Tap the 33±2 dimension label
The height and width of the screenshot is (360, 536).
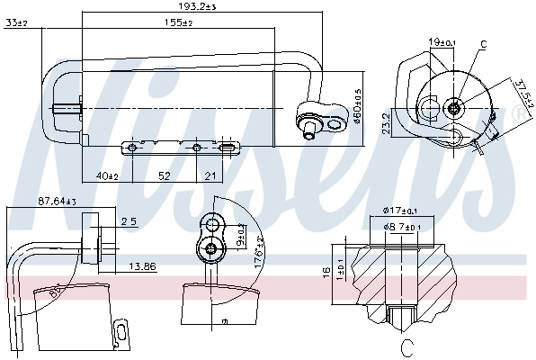16,22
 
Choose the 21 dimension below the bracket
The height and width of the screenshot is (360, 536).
210,175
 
